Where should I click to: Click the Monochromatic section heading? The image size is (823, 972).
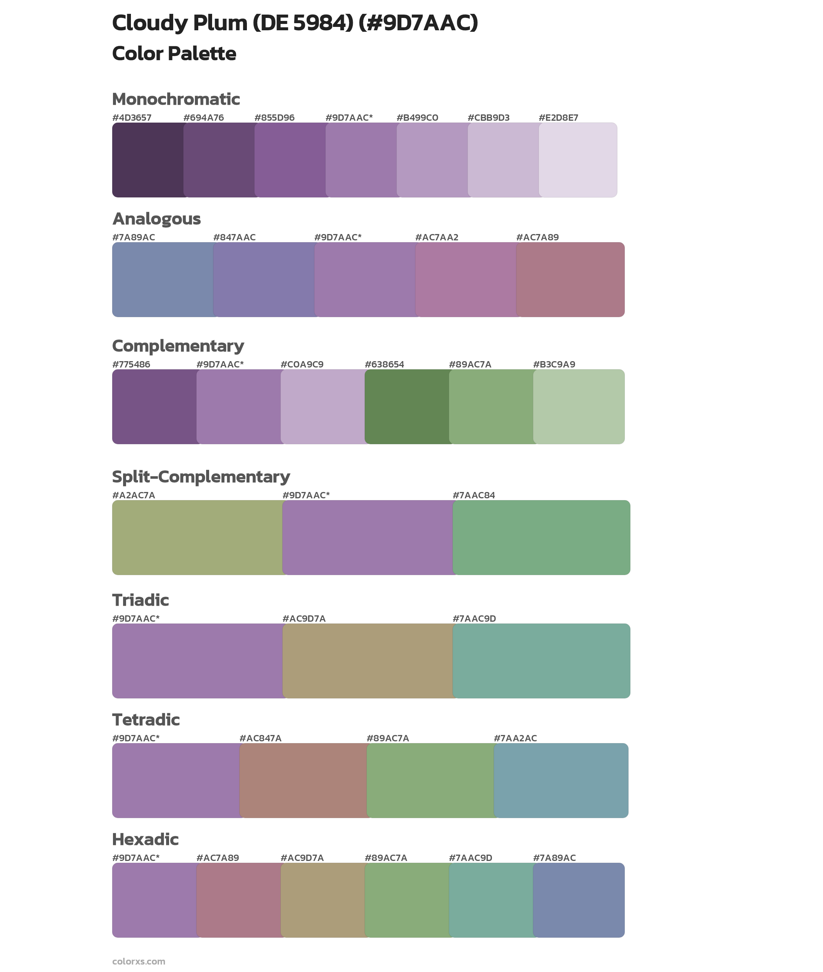coord(176,99)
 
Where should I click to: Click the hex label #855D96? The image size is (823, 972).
coord(274,118)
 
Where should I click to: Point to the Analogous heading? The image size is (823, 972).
coord(156,219)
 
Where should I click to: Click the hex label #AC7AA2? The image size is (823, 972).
coord(437,237)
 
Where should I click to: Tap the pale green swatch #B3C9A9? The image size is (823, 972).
coord(578,406)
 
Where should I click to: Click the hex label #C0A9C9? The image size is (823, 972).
coord(302,364)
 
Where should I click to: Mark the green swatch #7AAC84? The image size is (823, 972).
coord(541,538)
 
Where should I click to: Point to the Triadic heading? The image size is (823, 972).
coord(140,600)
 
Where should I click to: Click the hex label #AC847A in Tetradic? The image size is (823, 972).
coord(260,738)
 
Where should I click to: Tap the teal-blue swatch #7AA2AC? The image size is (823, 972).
coord(561,780)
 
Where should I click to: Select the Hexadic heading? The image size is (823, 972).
coord(146,840)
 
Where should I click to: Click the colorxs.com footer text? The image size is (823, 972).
coord(138,961)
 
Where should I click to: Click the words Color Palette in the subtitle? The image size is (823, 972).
coord(174,53)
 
